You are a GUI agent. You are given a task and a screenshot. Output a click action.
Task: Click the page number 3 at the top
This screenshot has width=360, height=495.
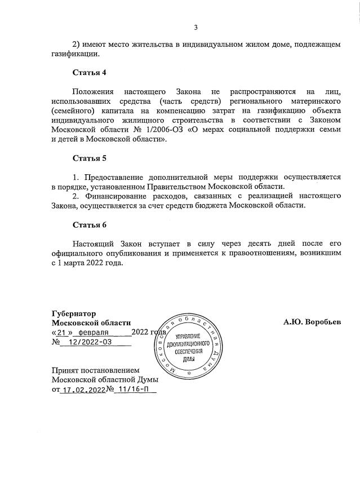[x=195, y=26]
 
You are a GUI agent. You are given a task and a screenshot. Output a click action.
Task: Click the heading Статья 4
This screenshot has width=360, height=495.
[x=89, y=73]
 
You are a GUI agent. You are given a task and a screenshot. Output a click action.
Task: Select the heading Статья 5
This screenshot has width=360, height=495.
[x=89, y=157]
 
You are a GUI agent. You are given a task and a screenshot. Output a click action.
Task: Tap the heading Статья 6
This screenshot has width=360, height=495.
[x=89, y=225]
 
